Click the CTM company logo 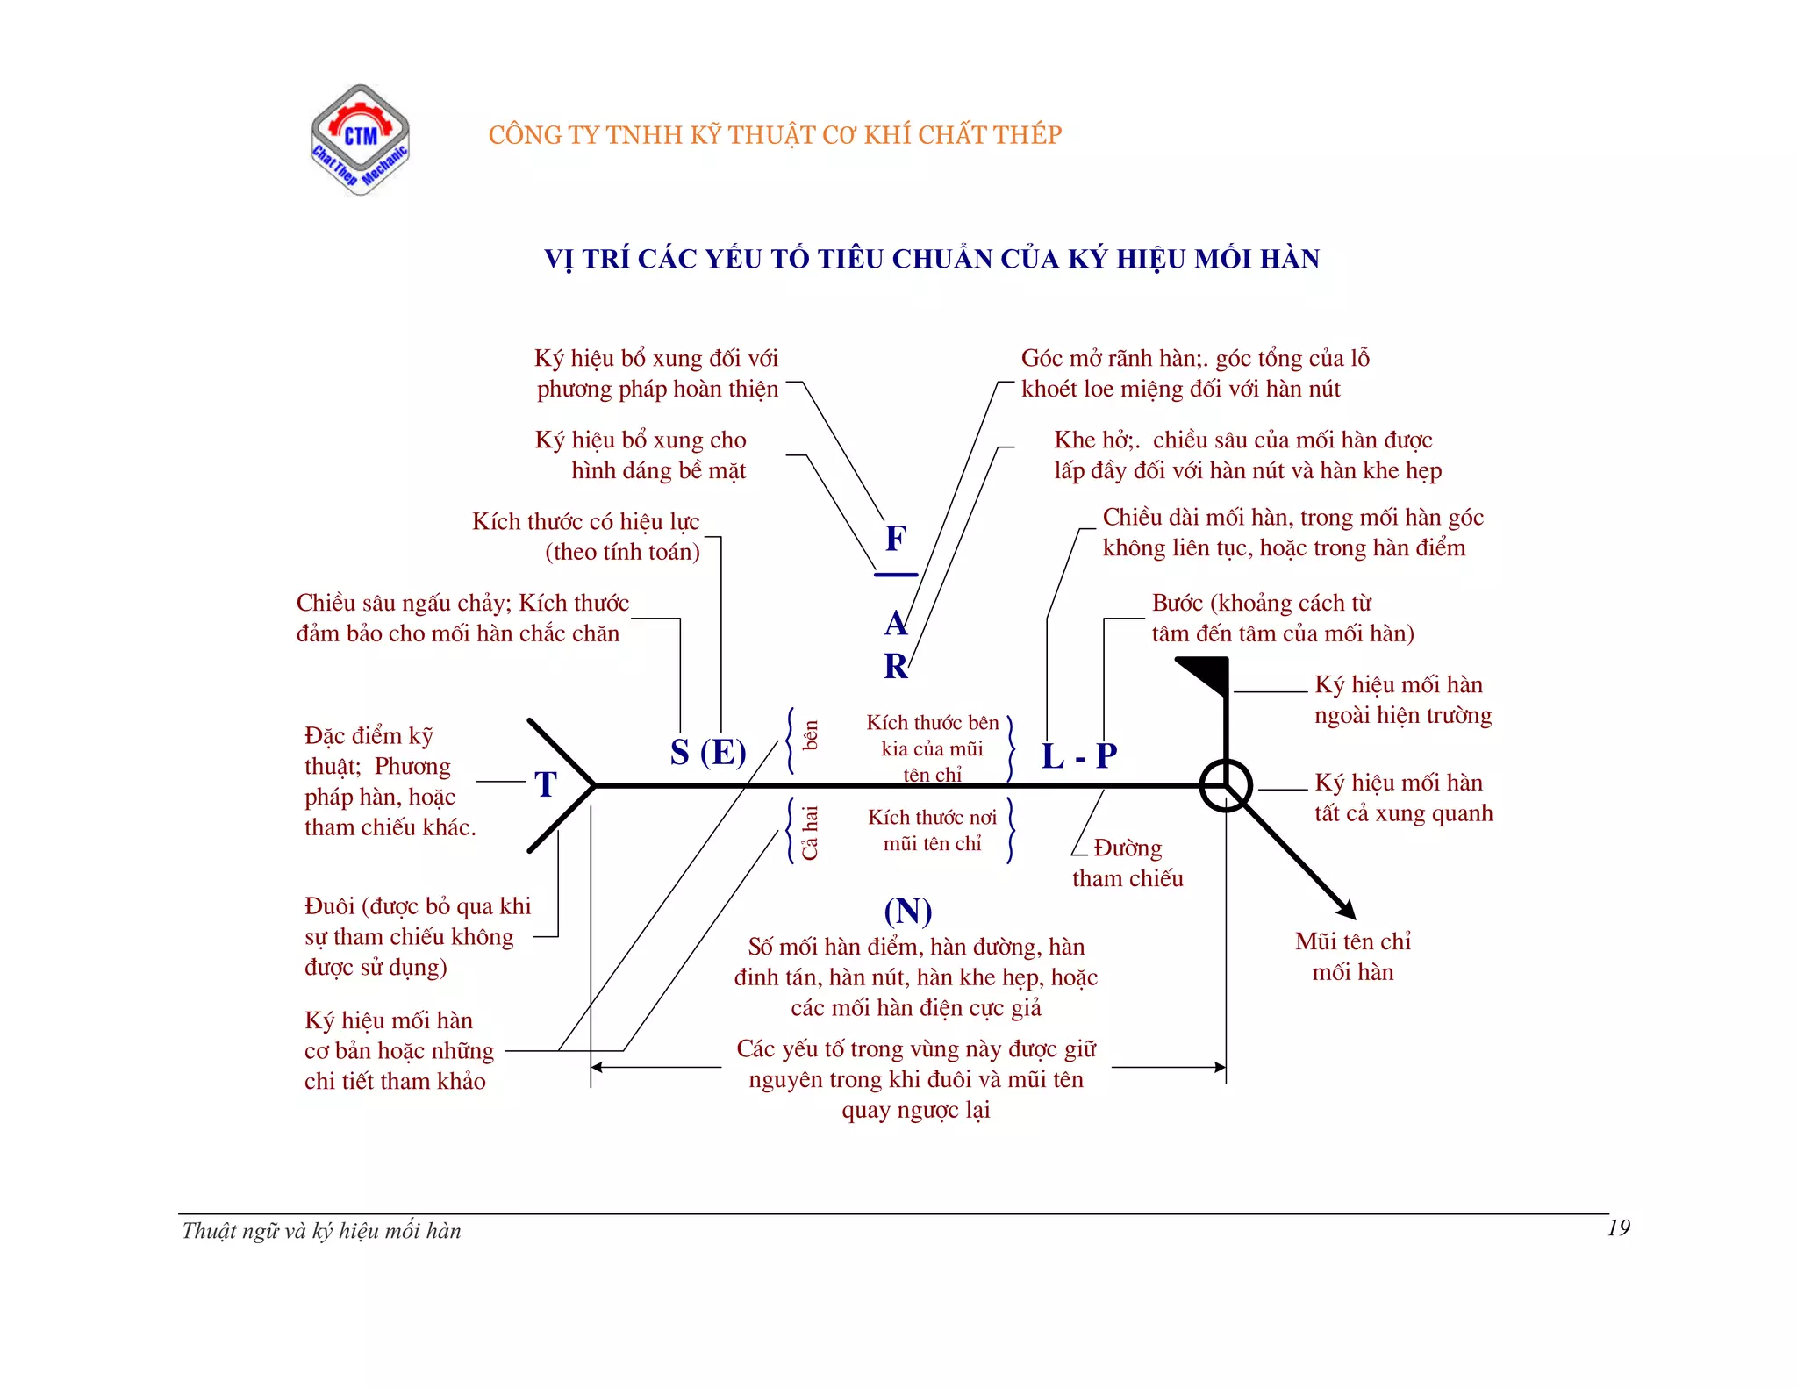coord(360,140)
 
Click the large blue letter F coord(895,539)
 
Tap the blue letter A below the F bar coord(895,624)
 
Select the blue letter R coord(895,667)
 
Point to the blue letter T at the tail coord(546,784)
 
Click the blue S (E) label coord(707,753)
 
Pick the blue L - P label coord(1079,755)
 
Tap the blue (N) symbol coord(907,911)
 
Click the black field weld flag coord(1206,674)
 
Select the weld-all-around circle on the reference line coord(1226,785)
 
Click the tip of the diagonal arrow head coord(1355,918)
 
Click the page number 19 coord(1618,1227)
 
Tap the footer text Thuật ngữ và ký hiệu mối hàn coord(321,1231)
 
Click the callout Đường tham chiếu coord(1128,862)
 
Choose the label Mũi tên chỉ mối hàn coord(1353,956)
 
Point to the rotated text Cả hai coord(809,833)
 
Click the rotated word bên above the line coord(811,735)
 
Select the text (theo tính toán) coord(622,552)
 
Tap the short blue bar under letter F coord(896,576)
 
